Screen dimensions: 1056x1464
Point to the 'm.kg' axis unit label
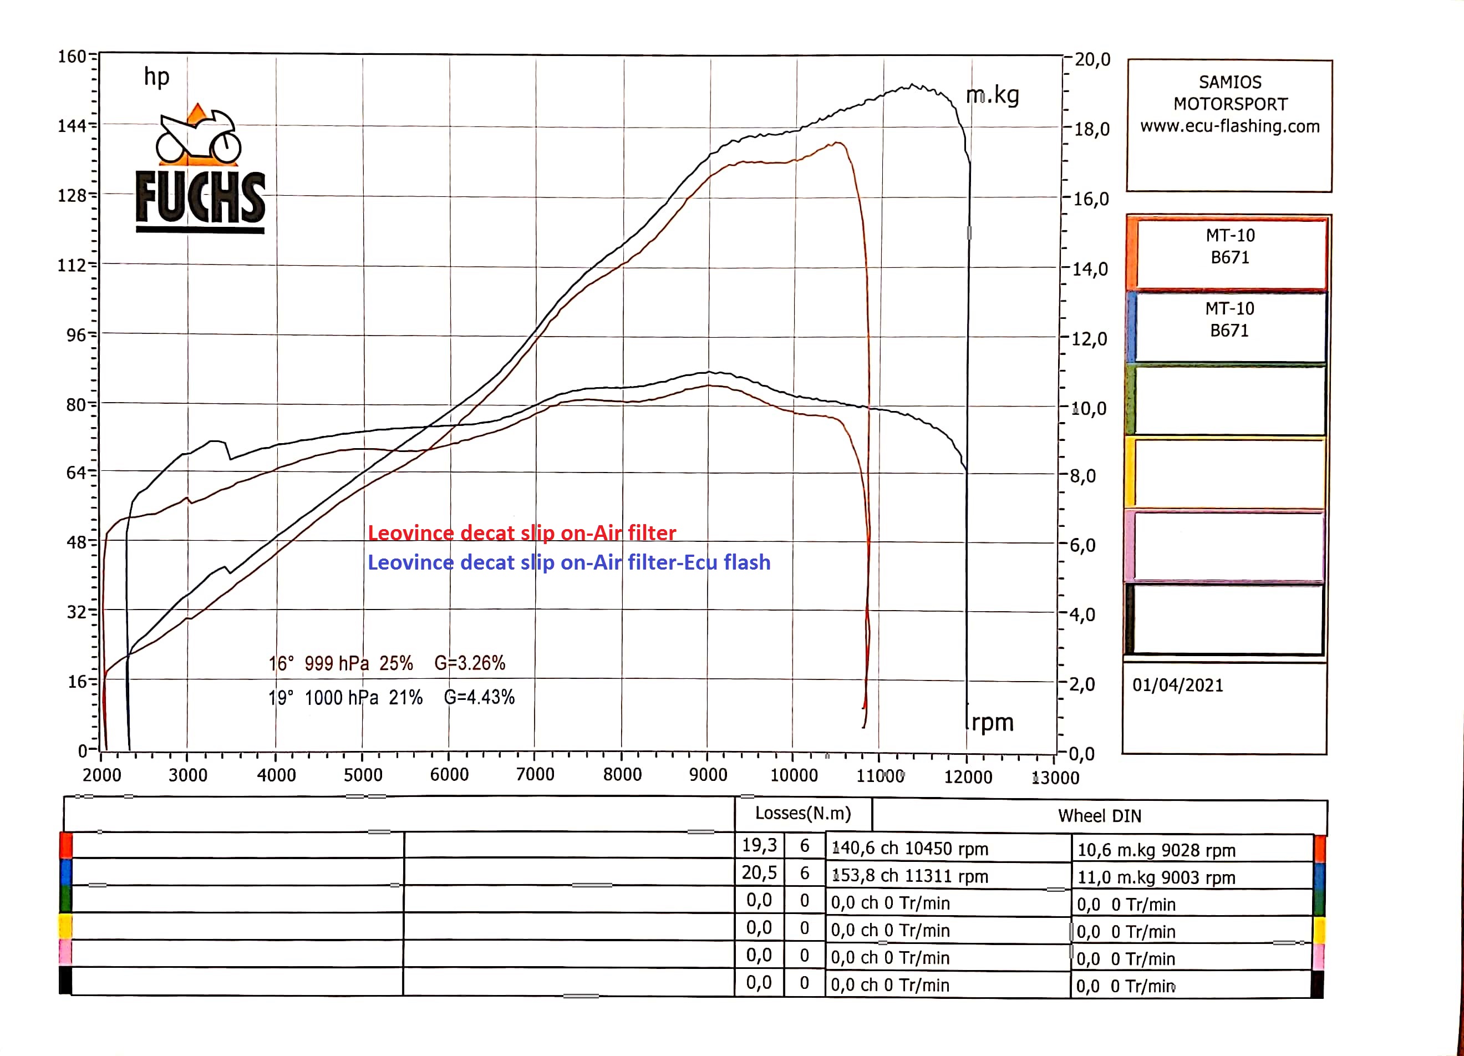(992, 95)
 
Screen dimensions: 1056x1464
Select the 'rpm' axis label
(992, 722)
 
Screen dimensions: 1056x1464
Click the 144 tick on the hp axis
(72, 125)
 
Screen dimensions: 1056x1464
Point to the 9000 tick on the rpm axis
(708, 775)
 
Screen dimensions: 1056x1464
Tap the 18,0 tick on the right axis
(1091, 129)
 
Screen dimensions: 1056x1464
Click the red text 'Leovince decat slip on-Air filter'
(522, 533)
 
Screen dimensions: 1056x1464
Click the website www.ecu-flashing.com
(1229, 126)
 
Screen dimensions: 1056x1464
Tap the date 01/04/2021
(1177, 686)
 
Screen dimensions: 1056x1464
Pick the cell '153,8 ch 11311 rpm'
(909, 876)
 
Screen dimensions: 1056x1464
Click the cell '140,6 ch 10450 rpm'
(909, 849)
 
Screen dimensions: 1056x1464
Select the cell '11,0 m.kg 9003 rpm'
(1156, 878)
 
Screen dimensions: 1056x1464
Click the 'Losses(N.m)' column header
(803, 813)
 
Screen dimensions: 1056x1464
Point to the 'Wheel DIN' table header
(1099, 816)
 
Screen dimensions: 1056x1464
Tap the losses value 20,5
(759, 872)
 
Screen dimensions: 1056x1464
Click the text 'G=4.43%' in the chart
(479, 698)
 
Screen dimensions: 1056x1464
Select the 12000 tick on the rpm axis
(968, 776)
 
